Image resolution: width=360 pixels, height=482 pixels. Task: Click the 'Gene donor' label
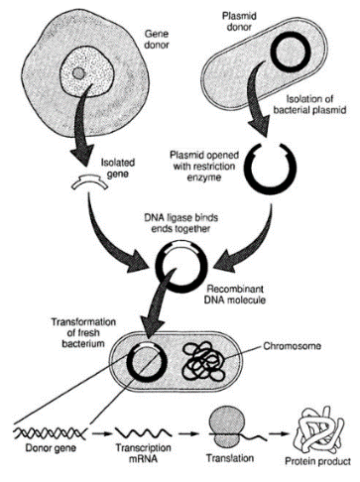157,40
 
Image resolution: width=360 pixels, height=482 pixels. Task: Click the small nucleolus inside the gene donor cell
78,73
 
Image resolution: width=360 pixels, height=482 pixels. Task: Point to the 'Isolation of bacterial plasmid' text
309,104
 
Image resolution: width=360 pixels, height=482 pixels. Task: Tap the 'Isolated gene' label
118,168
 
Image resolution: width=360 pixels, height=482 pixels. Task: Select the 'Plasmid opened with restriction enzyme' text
204,166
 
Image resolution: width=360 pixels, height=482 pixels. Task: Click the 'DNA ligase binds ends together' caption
181,223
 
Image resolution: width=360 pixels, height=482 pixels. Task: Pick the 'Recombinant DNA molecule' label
235,295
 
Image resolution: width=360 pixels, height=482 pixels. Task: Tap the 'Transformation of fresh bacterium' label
83,332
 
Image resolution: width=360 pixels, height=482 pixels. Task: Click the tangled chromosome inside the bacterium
204,361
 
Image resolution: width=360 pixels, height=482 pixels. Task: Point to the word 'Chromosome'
292,346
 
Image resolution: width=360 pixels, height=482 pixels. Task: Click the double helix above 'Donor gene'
50,432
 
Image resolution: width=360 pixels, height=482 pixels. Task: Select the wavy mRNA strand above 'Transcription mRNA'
143,432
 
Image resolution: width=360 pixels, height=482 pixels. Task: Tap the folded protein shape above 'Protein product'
319,429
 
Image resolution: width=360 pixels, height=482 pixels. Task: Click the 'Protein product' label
317,461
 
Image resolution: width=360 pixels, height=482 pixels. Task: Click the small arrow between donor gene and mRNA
100,433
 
